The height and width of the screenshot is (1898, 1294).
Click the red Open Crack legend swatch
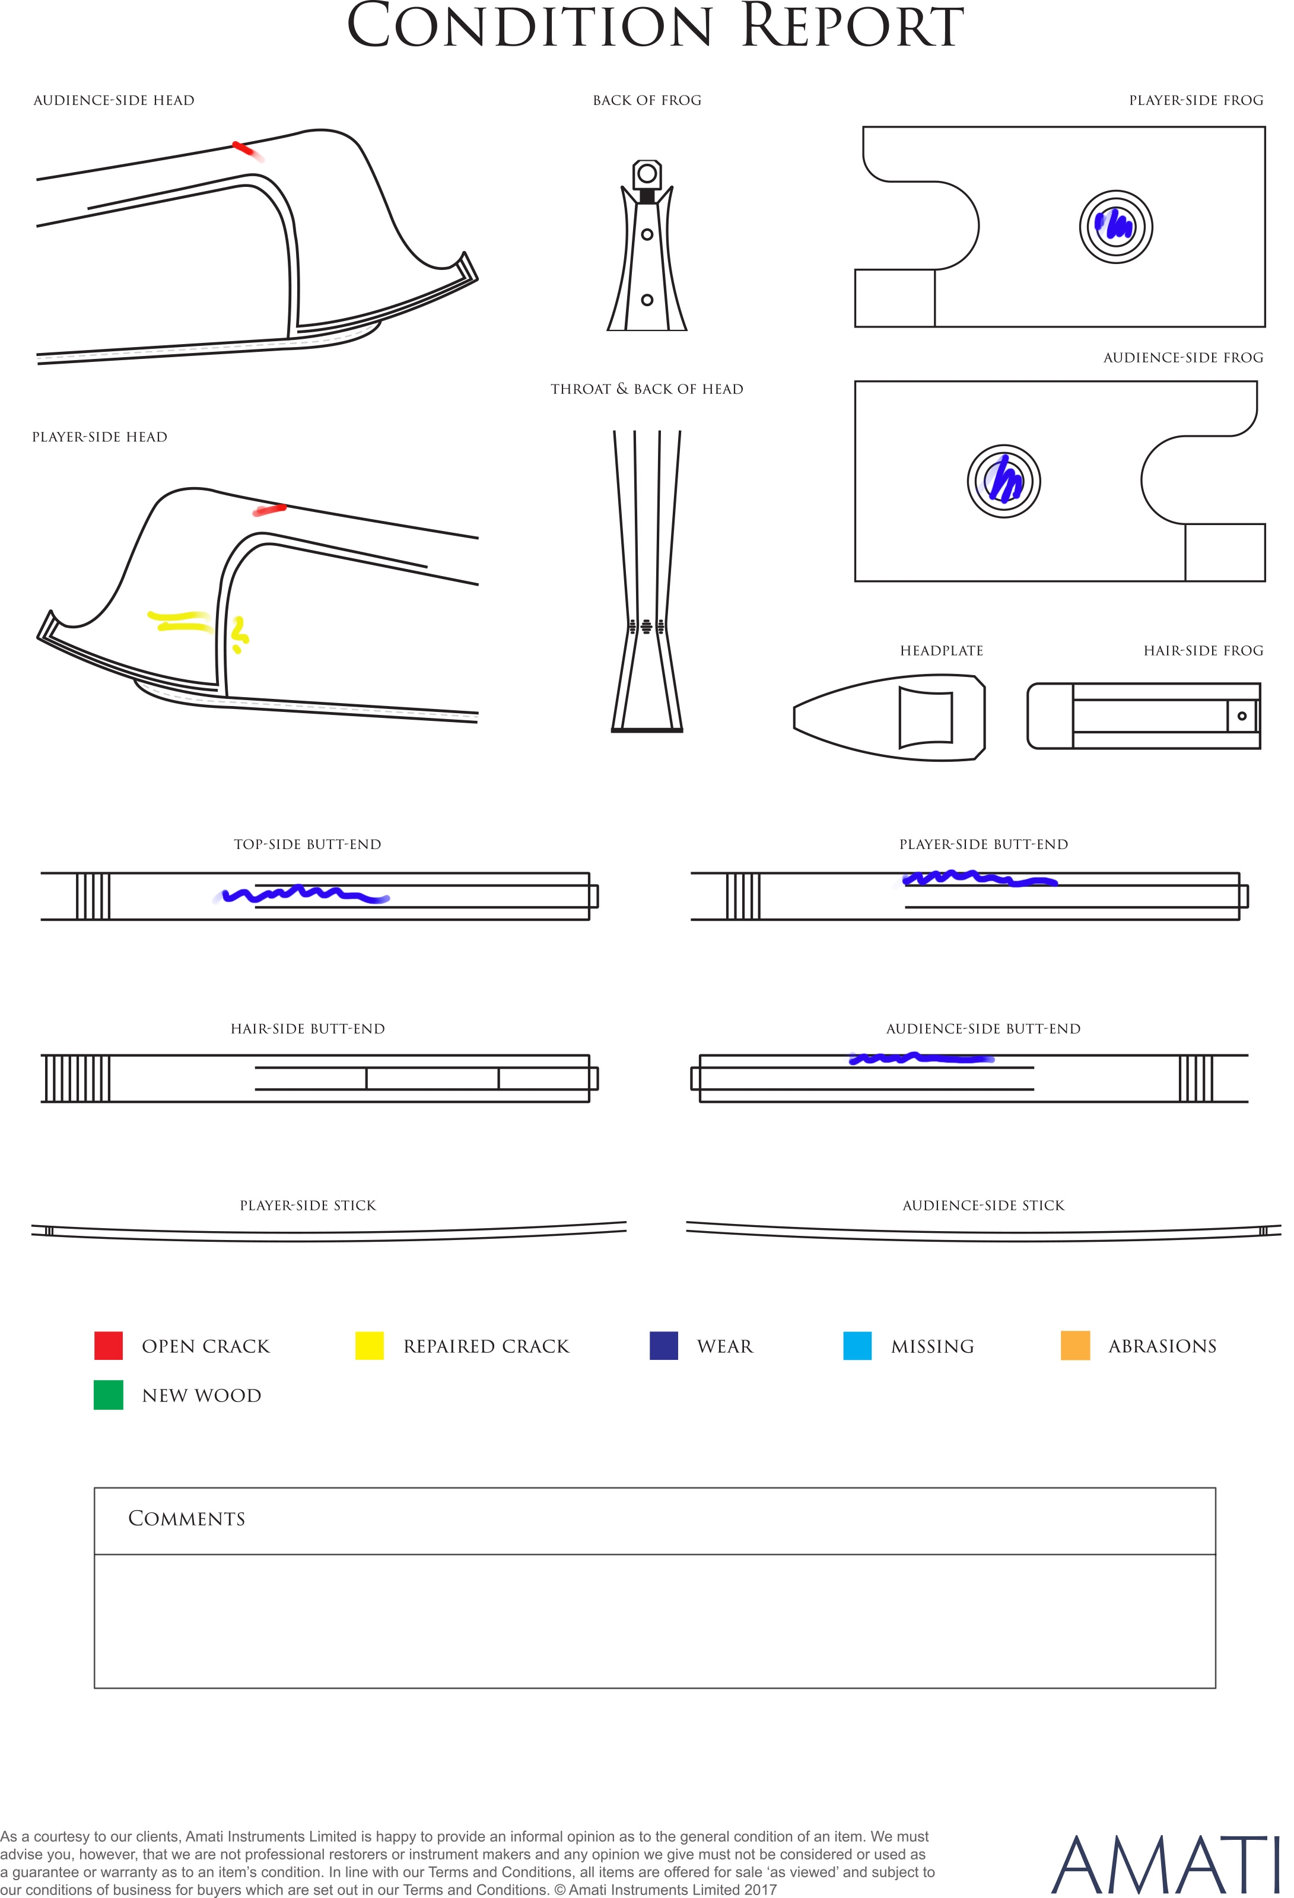pos(109,1345)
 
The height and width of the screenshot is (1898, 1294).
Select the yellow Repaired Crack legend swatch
pos(369,1345)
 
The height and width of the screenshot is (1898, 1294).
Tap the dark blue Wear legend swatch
pos(663,1345)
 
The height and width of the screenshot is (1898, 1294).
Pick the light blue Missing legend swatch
pos(857,1345)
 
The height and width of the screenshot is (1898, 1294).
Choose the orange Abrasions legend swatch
pos(1075,1345)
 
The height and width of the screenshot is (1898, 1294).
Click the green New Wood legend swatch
pos(109,1395)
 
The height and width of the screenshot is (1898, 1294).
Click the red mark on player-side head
pos(269,510)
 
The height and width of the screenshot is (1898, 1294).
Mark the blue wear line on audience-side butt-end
pos(921,1058)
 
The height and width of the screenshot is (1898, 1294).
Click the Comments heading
pos(186,1518)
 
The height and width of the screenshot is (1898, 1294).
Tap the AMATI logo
pos(1164,1865)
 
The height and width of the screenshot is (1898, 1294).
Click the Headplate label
pos(941,651)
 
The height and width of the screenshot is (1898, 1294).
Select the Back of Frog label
pos(647,100)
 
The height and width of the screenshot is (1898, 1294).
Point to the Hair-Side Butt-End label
pos(308,1029)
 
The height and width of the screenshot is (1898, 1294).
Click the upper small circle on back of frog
pos(647,234)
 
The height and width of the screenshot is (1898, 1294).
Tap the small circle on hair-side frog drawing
pos(1242,716)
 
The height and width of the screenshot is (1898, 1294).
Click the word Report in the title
pos(852,26)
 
